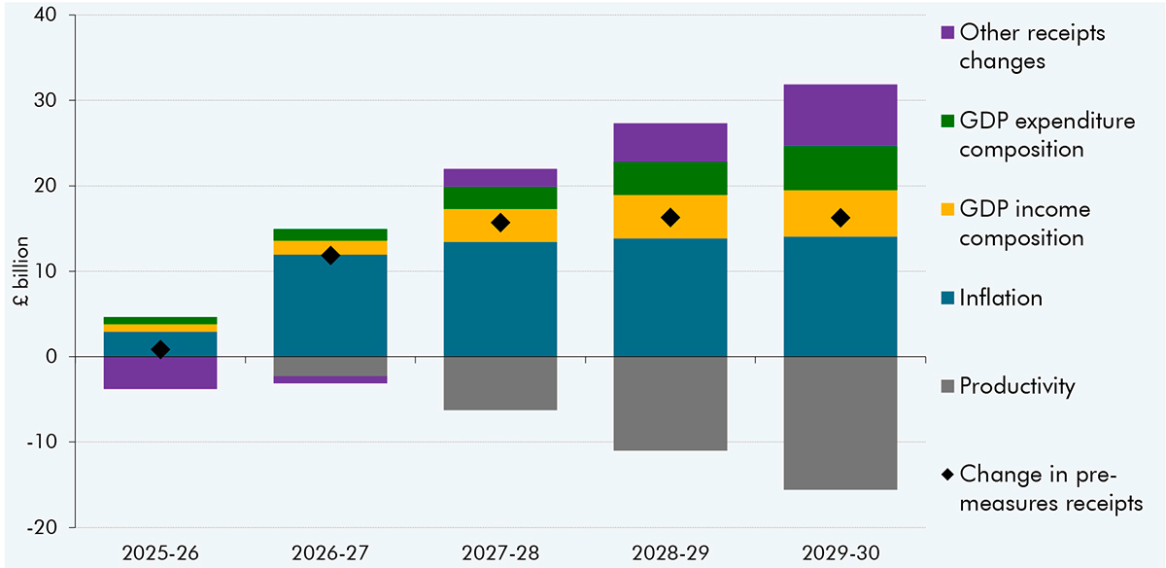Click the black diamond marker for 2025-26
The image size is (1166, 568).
160,349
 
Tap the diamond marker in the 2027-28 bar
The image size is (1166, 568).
500,223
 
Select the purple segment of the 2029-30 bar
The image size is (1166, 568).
840,115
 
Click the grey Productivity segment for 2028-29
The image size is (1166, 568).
669,404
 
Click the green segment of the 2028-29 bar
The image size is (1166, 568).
669,178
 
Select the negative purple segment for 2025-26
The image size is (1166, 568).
160,373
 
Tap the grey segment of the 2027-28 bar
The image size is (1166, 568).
500,383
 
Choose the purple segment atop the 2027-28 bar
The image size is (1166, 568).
500,177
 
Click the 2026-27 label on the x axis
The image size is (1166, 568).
330,552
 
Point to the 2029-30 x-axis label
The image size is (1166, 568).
840,552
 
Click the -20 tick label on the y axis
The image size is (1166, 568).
45,527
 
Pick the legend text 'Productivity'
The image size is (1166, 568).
1016,386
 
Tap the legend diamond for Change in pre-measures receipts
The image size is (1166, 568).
946,476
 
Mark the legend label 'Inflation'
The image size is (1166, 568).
1000,298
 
